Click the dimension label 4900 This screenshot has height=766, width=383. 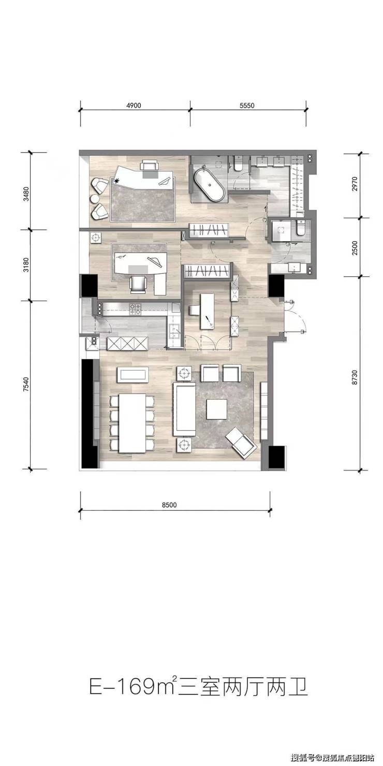(134, 106)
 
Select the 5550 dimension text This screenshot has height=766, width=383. (247, 106)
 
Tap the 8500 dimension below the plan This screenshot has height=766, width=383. (170, 505)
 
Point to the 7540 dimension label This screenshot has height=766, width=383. (26, 386)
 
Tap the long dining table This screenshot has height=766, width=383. (131, 423)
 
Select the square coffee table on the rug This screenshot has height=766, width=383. (217, 409)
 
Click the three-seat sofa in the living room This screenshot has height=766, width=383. (185, 409)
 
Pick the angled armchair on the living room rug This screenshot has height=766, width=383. (242, 443)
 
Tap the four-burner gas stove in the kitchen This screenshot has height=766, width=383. (135, 309)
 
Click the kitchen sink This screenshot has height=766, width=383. (175, 331)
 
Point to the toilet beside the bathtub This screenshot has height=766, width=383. (238, 163)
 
